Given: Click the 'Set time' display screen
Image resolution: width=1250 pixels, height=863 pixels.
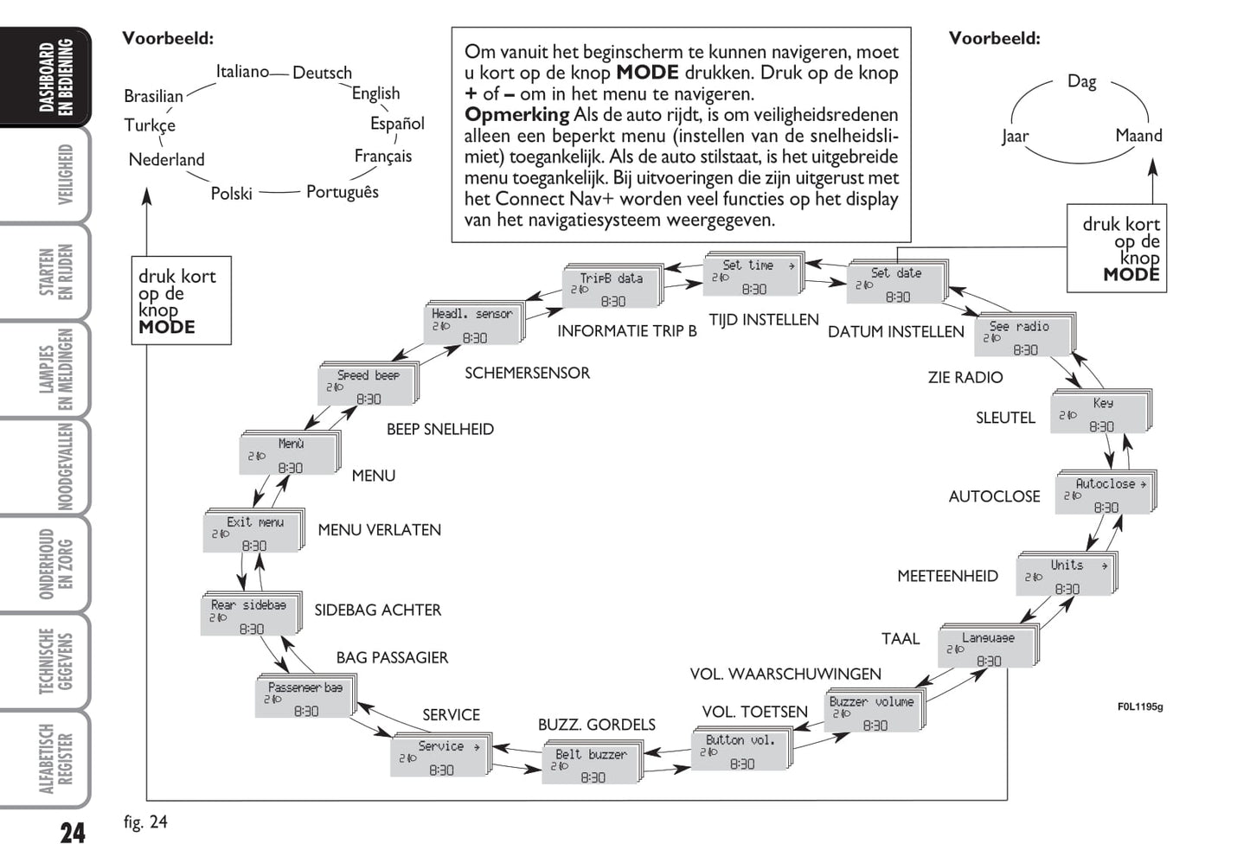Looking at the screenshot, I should (751, 276).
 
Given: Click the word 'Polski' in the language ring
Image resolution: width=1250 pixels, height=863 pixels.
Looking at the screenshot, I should (232, 194).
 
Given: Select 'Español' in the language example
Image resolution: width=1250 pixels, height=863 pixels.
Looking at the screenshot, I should (397, 124).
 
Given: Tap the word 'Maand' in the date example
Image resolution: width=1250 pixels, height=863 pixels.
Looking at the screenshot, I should (1138, 136).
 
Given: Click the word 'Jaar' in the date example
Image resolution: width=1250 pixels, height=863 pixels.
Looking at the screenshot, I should (1015, 137).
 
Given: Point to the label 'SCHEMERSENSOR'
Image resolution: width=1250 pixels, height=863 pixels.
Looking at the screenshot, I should (527, 374).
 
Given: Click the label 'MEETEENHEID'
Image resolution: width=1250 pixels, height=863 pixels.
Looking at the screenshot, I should (947, 576).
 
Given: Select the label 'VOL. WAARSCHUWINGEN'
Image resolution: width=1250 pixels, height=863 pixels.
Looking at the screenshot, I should (785, 674).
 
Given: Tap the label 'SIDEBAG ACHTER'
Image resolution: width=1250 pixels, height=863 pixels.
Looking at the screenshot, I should (377, 610).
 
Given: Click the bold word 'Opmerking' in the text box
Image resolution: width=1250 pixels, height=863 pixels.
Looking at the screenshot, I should (516, 115).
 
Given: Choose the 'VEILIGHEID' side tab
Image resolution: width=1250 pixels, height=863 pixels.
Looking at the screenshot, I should (65, 176).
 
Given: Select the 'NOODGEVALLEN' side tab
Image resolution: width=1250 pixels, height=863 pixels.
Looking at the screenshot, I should (65, 467).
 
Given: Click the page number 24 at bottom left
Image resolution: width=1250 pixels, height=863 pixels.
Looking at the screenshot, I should (73, 834).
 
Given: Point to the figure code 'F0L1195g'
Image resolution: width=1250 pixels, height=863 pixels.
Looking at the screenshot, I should (1139, 706).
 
